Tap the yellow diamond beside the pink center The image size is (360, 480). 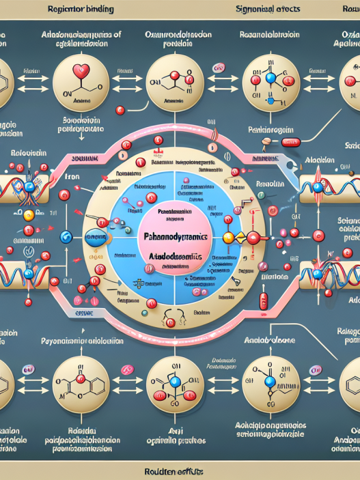229,237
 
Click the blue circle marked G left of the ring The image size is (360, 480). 67,236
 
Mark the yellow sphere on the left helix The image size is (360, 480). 29,214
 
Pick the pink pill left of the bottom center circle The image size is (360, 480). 127,369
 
